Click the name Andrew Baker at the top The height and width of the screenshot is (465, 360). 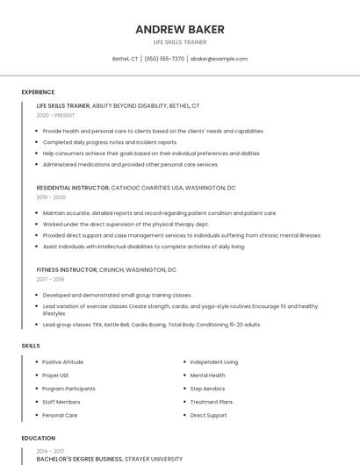[180, 29]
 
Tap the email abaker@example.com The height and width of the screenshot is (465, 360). [219, 59]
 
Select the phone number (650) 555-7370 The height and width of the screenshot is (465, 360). [164, 59]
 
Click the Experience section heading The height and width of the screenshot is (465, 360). [38, 92]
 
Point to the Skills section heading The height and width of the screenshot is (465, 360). [31, 346]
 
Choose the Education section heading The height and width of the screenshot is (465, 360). [38, 438]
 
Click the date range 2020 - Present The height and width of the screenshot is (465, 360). [55, 115]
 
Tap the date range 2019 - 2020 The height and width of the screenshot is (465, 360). [51, 197]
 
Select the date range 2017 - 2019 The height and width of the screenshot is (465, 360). [51, 279]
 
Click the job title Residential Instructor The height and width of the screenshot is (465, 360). [73, 188]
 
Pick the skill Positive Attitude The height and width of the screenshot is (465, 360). [62, 361]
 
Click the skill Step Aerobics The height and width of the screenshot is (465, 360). [207, 388]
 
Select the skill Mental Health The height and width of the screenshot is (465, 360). [208, 375]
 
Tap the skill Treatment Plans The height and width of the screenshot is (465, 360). [211, 401]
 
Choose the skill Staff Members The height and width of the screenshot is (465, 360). [61, 401]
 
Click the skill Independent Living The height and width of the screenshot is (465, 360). [213, 361]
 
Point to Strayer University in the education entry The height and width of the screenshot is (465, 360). [149, 458]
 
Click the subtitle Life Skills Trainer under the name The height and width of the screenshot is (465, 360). [180, 41]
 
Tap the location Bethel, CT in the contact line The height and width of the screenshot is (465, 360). [126, 59]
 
